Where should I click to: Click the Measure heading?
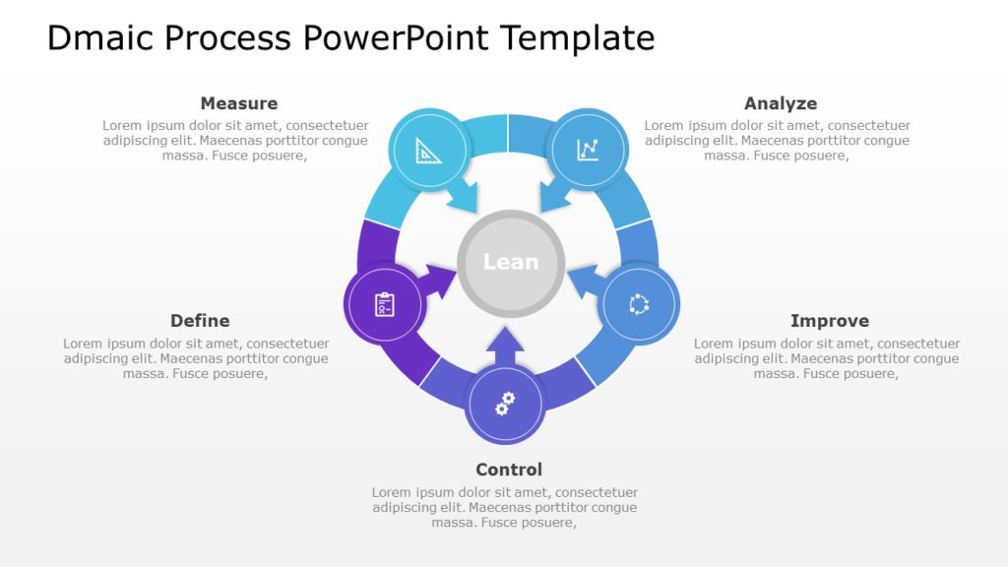[x=238, y=103]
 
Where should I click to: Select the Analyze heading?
[x=780, y=103]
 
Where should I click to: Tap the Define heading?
[x=200, y=321]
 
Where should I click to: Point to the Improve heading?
[x=829, y=321]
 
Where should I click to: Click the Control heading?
[x=509, y=470]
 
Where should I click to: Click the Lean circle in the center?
[x=511, y=262]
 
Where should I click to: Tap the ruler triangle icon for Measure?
[x=428, y=151]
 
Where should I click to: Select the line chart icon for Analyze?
[x=588, y=150]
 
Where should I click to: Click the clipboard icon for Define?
[x=385, y=305]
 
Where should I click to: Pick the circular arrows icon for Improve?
[x=639, y=304]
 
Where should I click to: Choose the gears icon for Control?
[x=505, y=403]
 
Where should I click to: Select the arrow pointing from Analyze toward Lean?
[x=555, y=196]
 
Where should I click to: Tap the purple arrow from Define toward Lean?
[x=438, y=279]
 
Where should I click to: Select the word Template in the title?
[x=577, y=37]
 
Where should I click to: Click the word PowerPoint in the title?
[x=395, y=37]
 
